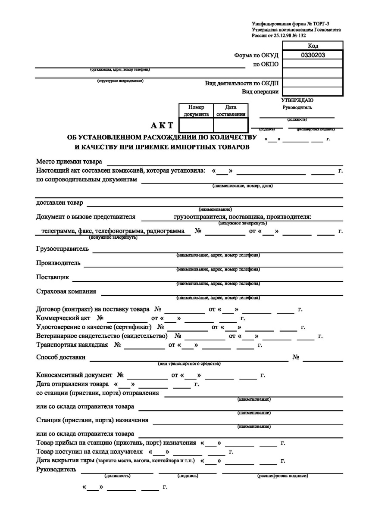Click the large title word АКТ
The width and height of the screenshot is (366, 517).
tap(162, 125)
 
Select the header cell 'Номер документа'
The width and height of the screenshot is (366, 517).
tap(196, 110)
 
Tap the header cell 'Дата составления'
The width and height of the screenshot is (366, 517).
tap(231, 110)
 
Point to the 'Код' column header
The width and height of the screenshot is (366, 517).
tap(313, 46)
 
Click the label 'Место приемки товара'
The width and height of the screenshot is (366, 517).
tap(69, 162)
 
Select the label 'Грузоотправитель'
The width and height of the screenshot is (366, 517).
tap(63, 249)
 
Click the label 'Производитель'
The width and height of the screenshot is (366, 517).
tap(58, 263)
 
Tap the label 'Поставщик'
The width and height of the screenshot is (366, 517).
tap(52, 277)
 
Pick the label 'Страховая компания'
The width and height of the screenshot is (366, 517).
tap(66, 291)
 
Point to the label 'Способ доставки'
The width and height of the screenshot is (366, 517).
tap(60, 357)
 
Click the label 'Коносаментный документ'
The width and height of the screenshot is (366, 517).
tap(74, 375)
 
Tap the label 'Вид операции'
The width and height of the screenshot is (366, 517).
tap(260, 91)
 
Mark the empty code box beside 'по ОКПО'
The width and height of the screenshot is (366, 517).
tap(313, 64)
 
